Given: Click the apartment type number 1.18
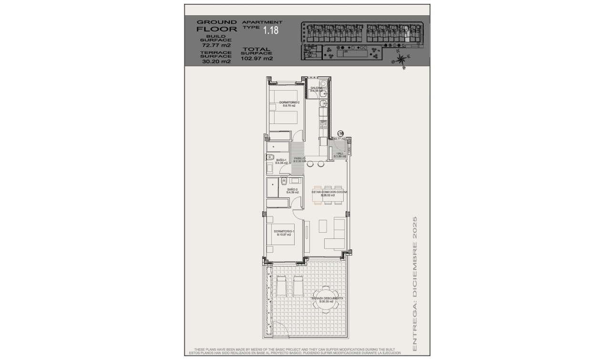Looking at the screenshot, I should point(271,30).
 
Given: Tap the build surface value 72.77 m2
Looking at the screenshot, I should point(216,45).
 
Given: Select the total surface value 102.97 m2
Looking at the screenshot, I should point(257,59).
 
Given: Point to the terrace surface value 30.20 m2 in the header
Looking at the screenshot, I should point(216,62).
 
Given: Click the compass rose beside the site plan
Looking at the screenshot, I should point(402,60).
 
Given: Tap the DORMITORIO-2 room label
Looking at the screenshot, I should point(289,103).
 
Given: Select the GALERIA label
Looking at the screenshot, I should point(317,88).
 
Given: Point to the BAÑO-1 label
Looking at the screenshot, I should point(281,160).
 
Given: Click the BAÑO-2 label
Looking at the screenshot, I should point(292,190).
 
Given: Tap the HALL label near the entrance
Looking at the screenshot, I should point(340,154).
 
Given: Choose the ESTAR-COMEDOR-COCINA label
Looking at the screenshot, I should point(329,192).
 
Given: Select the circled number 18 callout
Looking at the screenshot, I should point(340,134).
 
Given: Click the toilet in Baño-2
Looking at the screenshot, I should point(284,181).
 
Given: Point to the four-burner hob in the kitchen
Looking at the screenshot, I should point(323,125).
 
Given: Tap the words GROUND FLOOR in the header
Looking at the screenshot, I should point(216,25).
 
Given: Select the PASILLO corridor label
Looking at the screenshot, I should point(299,159).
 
